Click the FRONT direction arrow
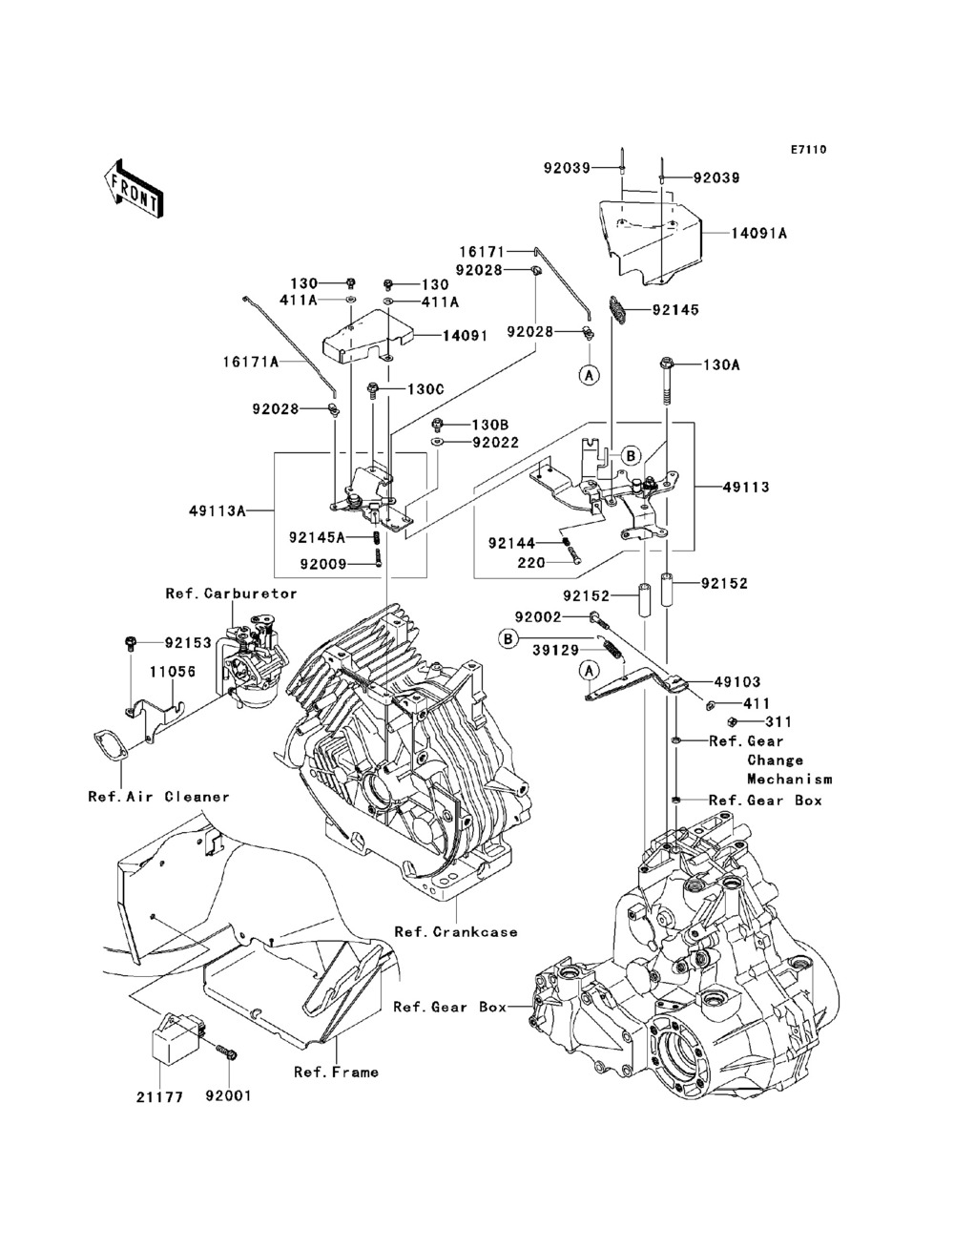click(x=135, y=188)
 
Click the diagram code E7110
click(x=808, y=150)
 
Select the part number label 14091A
click(x=759, y=234)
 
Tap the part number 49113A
click(x=218, y=511)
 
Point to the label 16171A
click(x=251, y=362)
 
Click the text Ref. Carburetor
click(x=232, y=593)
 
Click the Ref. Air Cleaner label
click(x=158, y=797)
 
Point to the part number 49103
click(x=737, y=681)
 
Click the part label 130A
click(x=721, y=364)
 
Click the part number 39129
click(x=556, y=650)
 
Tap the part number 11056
click(x=173, y=672)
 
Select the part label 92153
click(x=188, y=642)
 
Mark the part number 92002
click(x=538, y=616)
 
